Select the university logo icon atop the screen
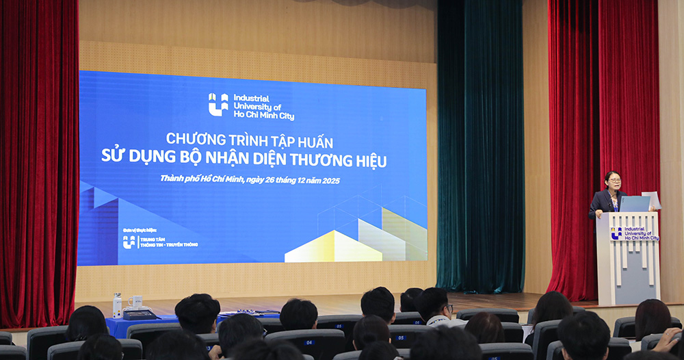(218, 104)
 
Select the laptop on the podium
(634, 203)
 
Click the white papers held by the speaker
(651, 199)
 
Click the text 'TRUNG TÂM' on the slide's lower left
(153, 239)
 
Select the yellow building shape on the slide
(333, 248)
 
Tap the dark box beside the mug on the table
(140, 314)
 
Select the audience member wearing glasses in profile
(436, 305)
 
